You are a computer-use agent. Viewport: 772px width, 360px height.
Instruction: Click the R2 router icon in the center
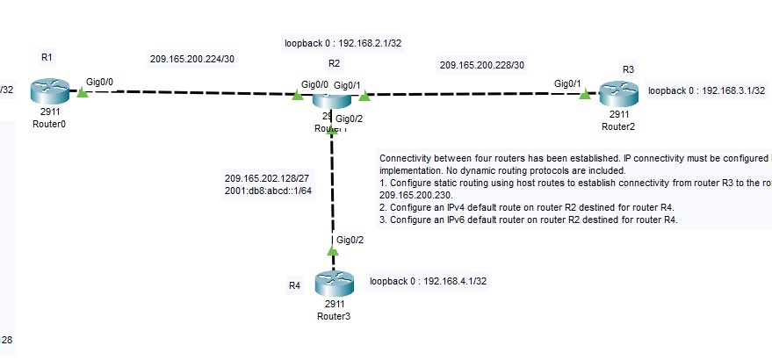click(x=331, y=97)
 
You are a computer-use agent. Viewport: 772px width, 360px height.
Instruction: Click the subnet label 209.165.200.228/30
click(x=482, y=65)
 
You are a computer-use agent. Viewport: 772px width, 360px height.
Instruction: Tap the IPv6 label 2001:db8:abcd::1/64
click(x=269, y=191)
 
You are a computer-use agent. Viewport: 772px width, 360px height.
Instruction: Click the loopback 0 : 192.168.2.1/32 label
click(x=343, y=42)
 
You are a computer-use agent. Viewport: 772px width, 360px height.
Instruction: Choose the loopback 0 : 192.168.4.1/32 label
click(x=429, y=281)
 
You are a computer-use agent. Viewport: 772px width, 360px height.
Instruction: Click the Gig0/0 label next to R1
click(x=99, y=81)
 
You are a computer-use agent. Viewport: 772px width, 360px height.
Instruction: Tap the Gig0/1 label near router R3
click(x=567, y=83)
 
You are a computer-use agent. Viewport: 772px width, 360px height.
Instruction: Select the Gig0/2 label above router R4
click(x=350, y=240)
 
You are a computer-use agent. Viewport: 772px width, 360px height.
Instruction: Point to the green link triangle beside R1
click(x=82, y=91)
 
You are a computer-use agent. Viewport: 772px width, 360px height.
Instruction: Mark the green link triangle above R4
click(x=332, y=251)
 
